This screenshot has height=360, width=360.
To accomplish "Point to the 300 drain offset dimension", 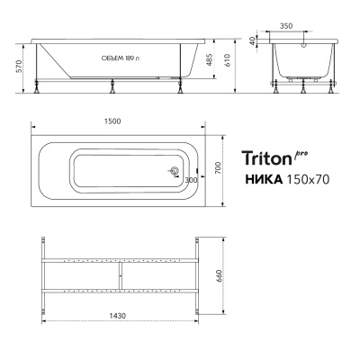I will (x=189, y=181).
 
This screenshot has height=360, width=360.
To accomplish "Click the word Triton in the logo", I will (x=266, y=157).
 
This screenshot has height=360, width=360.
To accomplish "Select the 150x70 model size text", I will (x=306, y=179).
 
